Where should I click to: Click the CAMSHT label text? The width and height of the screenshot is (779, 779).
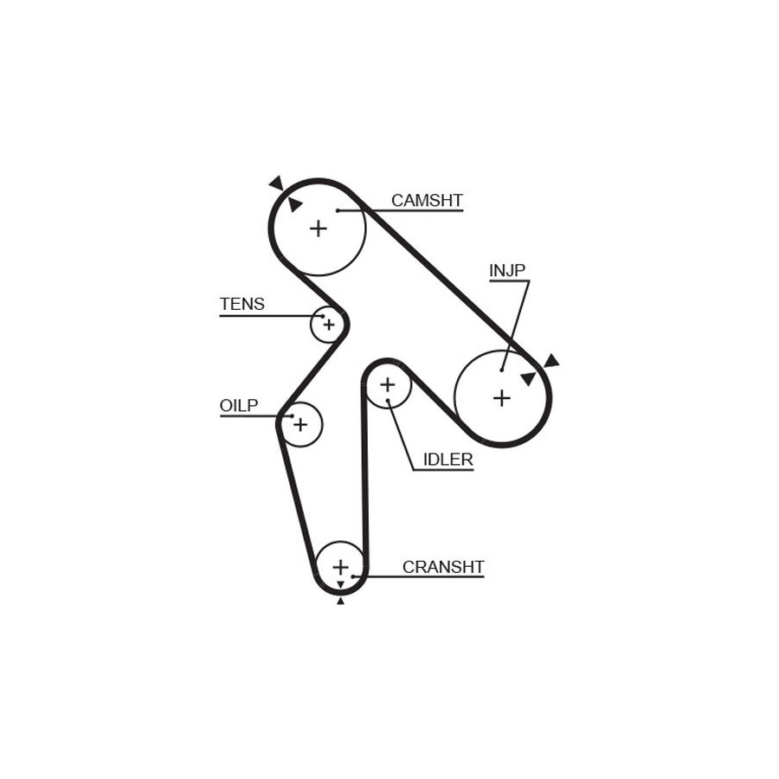pyautogui.click(x=427, y=200)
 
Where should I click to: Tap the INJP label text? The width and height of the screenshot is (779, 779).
pyautogui.click(x=506, y=271)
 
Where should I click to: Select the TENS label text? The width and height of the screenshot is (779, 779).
pyautogui.click(x=242, y=304)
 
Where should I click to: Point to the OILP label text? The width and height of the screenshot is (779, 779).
pyautogui.click(x=239, y=405)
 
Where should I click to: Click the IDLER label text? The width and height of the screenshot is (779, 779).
pyautogui.click(x=447, y=460)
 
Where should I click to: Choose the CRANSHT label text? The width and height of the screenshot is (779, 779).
pyautogui.click(x=442, y=567)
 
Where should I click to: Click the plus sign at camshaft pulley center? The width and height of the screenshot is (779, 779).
pyautogui.click(x=318, y=229)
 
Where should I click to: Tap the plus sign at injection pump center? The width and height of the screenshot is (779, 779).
pyautogui.click(x=502, y=398)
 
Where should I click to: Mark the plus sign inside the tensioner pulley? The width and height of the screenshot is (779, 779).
pyautogui.click(x=329, y=325)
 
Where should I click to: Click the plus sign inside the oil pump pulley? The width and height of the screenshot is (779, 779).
pyautogui.click(x=300, y=425)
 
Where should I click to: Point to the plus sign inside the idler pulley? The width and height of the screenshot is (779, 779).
pyautogui.click(x=388, y=384)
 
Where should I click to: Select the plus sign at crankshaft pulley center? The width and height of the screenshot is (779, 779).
pyautogui.click(x=341, y=567)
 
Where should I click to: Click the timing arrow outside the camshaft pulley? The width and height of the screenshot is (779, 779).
pyautogui.click(x=277, y=183)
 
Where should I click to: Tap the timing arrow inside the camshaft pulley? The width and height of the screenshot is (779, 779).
pyautogui.click(x=294, y=204)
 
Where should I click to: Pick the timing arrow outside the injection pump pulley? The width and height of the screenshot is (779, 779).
pyautogui.click(x=551, y=361)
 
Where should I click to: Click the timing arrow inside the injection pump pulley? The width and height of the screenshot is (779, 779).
pyautogui.click(x=529, y=378)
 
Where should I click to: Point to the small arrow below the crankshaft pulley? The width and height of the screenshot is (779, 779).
pyautogui.click(x=340, y=602)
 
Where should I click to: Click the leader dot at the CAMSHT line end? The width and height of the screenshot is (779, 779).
pyautogui.click(x=338, y=210)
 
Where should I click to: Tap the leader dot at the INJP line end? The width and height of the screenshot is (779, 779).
pyautogui.click(x=502, y=370)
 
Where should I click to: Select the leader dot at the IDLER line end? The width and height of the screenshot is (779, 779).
pyautogui.click(x=388, y=401)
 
